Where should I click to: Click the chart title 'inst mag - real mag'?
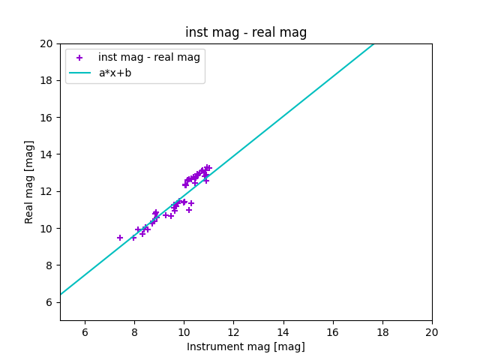[x=246, y=32]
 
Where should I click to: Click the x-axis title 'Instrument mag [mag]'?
[x=246, y=346]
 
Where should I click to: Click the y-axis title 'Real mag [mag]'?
[x=30, y=181]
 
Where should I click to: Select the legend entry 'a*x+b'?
[x=115, y=73]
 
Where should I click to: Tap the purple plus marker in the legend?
[x=79, y=58]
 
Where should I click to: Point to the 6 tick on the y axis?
[x=50, y=302]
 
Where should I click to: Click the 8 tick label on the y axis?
[x=50, y=265]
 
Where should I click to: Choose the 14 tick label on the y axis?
[x=47, y=154]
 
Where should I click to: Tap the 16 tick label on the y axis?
[x=47, y=118]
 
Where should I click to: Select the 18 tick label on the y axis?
[x=47, y=80]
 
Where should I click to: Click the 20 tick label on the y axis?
[x=47, y=43]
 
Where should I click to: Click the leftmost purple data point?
[x=120, y=238]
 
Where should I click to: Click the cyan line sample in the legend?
[x=79, y=73]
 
